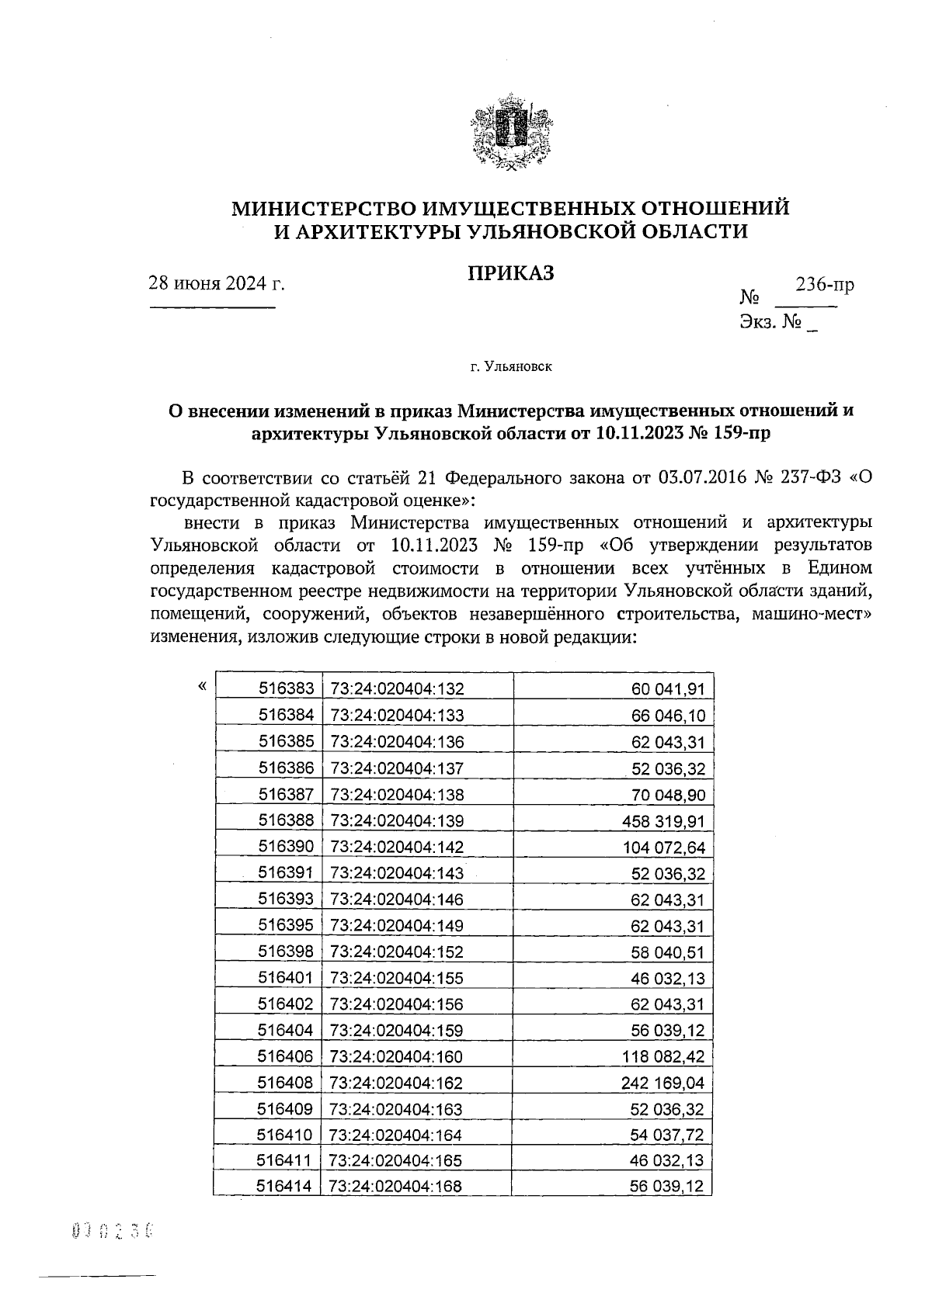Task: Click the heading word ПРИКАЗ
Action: pos(510,272)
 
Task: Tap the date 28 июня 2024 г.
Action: pos(217,283)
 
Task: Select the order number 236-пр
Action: pos(824,284)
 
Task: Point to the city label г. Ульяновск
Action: pos(511,366)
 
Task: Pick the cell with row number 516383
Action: pos(286,688)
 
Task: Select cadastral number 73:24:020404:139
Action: pos(397,821)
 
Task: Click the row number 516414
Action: pos(285,1187)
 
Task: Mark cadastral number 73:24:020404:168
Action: pos(396,1187)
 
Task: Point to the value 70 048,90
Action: pos(668,795)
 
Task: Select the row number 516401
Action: pos(286,978)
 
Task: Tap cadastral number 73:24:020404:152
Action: pos(397,952)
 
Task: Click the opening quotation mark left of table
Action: pos(202,686)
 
